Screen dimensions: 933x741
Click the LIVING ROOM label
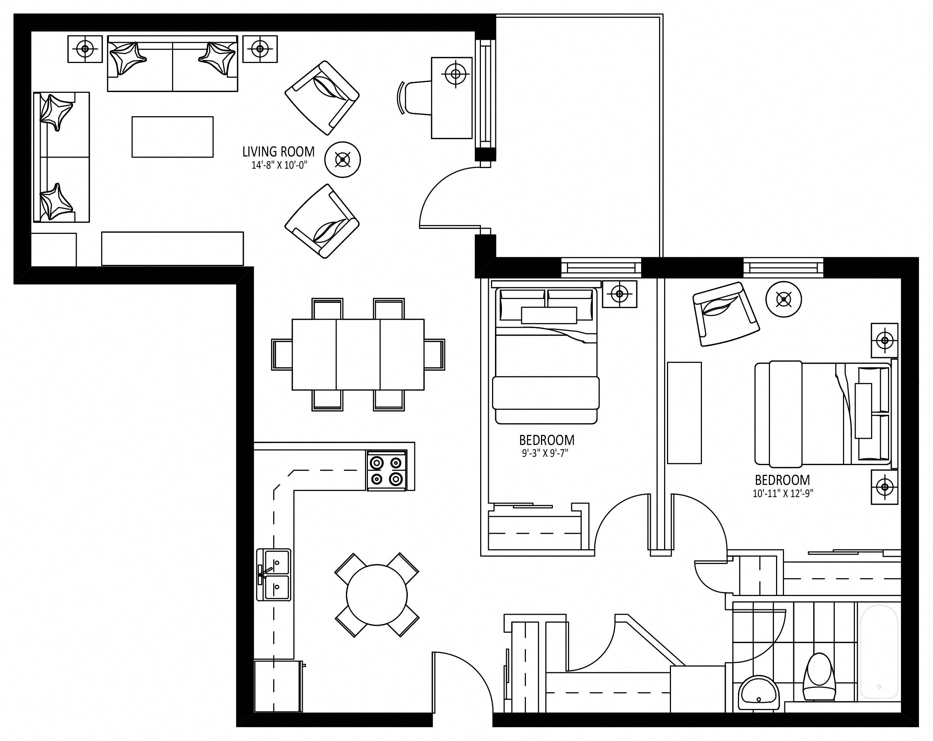click(278, 152)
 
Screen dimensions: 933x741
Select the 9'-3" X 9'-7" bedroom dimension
click(545, 453)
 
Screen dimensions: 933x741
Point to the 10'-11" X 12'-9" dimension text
click(783, 493)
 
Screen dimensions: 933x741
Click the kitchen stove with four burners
click(387, 470)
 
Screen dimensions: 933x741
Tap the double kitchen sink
click(274, 575)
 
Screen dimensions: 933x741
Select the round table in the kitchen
click(377, 595)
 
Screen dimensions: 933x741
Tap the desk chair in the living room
click(413, 98)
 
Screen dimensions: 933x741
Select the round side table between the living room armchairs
click(343, 160)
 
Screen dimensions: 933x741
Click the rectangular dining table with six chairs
click(358, 355)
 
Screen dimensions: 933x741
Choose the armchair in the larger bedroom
click(726, 314)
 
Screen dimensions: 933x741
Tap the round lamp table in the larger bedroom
click(783, 299)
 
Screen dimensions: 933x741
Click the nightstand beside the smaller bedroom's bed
click(620, 294)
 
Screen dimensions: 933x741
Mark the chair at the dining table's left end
click(282, 355)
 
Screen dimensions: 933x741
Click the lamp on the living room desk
click(456, 74)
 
